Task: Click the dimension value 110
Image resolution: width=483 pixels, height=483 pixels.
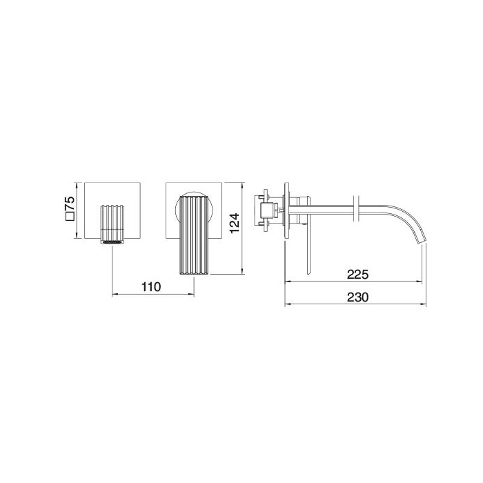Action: [151, 287]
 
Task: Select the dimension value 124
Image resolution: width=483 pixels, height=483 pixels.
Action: [235, 224]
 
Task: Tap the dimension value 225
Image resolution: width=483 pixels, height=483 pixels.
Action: [357, 274]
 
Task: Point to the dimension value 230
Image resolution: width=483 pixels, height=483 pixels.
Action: [357, 297]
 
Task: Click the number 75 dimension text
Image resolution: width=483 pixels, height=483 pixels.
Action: [70, 204]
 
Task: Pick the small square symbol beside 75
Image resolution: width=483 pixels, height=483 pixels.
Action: [70, 216]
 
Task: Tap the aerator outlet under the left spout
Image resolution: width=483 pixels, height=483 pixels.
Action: [112, 242]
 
